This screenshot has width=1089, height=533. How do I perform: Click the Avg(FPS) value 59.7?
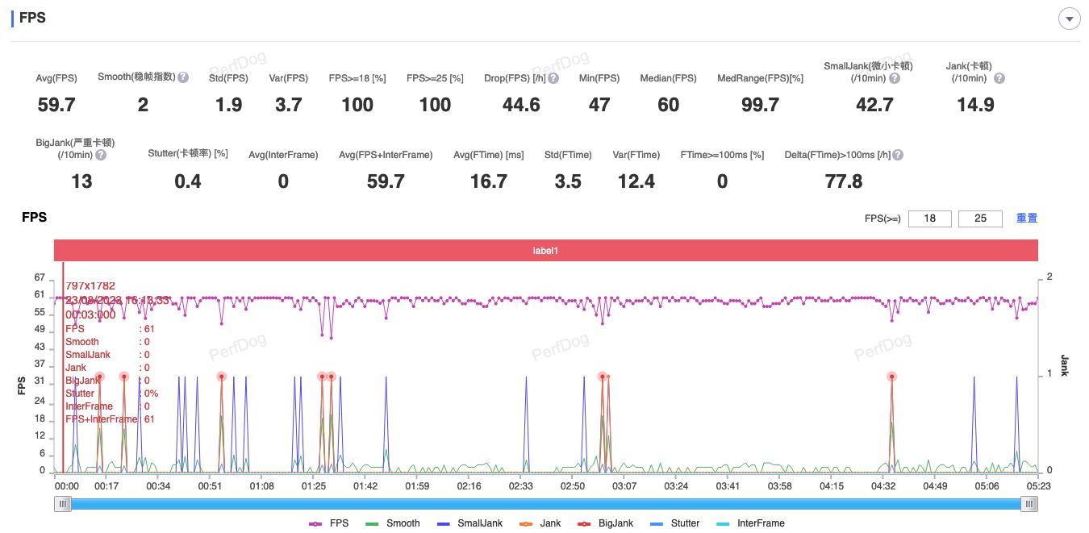coord(56,105)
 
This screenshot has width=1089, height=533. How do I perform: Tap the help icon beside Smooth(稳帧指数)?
coord(183,77)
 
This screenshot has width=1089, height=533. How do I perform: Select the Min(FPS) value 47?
coord(599,105)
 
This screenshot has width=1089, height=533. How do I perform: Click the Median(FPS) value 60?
coord(668,105)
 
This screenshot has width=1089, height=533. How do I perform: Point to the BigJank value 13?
coord(81,181)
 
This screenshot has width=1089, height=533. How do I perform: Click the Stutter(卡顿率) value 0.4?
coord(188,181)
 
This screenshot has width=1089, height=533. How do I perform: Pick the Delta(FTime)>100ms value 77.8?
coord(844,181)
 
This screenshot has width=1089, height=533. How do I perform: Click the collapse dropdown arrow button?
coord(1069,19)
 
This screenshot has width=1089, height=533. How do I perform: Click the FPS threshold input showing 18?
coord(930,219)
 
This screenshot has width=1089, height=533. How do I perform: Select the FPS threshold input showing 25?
coord(980,219)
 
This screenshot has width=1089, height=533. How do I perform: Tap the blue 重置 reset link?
coord(1027,218)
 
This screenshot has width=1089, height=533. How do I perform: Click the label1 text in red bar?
coord(545,251)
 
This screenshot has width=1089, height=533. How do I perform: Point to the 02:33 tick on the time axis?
coord(521,486)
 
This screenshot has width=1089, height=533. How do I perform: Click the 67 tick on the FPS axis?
coord(40,277)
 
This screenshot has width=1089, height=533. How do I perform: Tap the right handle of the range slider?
coord(1028,504)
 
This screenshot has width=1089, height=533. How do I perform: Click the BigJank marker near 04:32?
coord(891,377)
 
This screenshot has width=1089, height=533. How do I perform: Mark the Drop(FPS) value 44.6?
coord(521,105)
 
